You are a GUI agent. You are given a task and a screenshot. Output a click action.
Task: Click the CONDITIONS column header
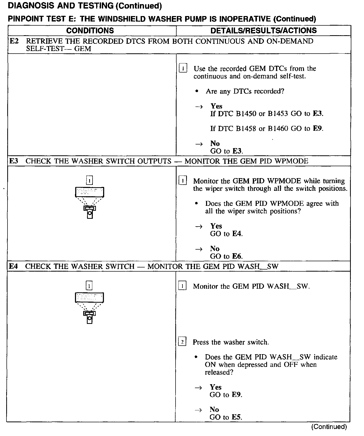(x=90, y=31)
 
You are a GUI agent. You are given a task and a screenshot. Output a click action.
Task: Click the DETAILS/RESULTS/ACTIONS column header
(x=263, y=31)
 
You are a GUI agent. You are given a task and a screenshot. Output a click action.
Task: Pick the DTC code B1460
(x=278, y=129)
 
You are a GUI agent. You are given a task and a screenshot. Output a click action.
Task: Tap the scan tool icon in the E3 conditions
(x=89, y=202)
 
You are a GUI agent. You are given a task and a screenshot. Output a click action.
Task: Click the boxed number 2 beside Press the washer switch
(x=182, y=342)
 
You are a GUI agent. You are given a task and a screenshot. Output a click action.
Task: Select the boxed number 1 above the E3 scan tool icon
(x=89, y=180)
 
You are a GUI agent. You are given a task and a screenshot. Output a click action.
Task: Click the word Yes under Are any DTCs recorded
(x=216, y=106)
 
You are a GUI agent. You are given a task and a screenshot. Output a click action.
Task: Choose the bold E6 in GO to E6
(x=237, y=256)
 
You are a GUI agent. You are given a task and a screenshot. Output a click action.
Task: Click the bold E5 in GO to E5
(x=236, y=417)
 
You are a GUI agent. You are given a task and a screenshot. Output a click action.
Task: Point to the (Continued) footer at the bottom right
(x=329, y=427)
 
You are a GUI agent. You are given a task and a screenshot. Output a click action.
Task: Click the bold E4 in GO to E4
(x=237, y=234)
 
